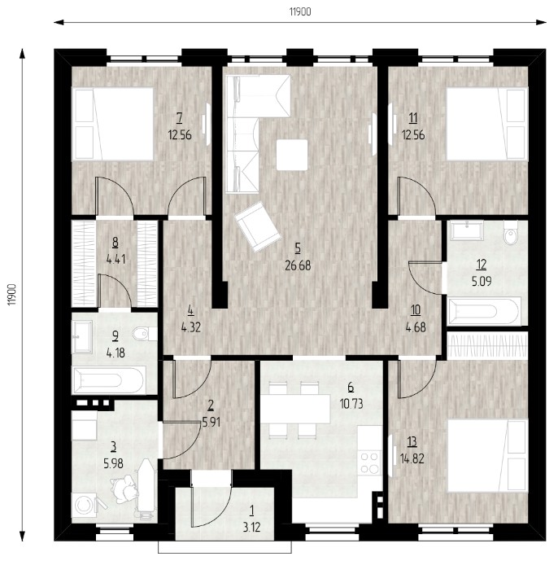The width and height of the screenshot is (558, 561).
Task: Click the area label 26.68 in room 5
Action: click(x=298, y=265)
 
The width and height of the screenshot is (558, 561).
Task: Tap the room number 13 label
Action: click(x=412, y=442)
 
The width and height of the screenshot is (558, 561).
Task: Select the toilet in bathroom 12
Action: click(x=511, y=232)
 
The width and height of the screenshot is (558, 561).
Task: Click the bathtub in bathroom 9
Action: click(x=109, y=380)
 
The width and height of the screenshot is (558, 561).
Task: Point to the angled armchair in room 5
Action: click(x=257, y=227)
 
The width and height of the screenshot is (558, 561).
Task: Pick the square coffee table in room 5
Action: click(x=292, y=155)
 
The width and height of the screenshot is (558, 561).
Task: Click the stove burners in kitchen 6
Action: click(x=369, y=462)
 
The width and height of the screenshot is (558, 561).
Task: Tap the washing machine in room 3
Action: click(x=85, y=505)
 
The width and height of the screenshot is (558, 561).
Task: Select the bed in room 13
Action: click(x=487, y=455)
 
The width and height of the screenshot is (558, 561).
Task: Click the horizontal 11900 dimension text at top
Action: click(x=300, y=12)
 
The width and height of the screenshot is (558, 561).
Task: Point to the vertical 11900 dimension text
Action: click(x=13, y=294)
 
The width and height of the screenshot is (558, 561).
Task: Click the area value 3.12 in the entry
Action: click(x=252, y=527)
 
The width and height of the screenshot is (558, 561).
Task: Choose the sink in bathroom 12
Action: click(x=467, y=230)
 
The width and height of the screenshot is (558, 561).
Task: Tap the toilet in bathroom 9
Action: click(x=145, y=334)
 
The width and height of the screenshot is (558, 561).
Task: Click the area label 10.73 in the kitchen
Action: click(x=351, y=404)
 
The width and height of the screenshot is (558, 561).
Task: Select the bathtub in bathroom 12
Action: click(x=484, y=311)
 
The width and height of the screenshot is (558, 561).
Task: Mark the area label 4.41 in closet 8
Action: click(x=116, y=259)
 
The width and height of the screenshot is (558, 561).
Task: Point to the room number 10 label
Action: click(x=416, y=310)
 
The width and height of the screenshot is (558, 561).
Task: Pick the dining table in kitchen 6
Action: click(x=295, y=409)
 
